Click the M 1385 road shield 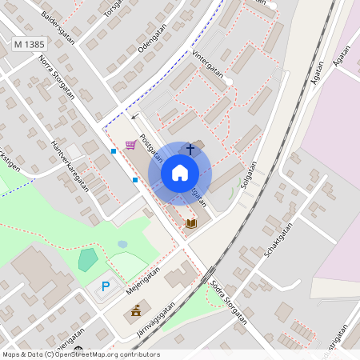point(30,46)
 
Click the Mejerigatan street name point(143,280)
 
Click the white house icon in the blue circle point(180,173)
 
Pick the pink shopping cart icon point(130,145)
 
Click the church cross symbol point(190,149)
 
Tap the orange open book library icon point(190,223)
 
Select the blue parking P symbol point(105,286)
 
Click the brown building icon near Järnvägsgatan point(136,310)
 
